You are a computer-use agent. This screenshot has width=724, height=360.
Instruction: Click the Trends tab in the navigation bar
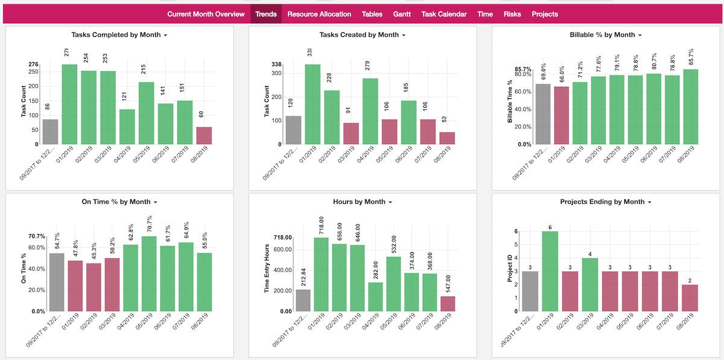pos(266,14)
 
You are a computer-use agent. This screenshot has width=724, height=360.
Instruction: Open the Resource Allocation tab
pos(319,14)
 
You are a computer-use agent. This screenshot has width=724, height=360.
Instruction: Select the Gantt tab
pos(402,14)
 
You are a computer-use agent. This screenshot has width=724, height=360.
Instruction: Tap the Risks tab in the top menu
pos(512,14)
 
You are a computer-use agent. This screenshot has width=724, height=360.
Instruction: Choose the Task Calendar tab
pos(443,14)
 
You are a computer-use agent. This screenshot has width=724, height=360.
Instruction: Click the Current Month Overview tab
pos(206,14)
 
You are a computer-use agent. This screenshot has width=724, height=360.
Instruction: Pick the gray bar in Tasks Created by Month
pos(293,130)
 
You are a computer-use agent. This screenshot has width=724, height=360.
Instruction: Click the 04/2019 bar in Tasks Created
pos(370,112)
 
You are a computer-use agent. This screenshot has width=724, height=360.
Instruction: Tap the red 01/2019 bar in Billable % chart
pos(562,116)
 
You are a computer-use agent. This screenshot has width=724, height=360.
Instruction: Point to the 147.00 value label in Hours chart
pos(448,282)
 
